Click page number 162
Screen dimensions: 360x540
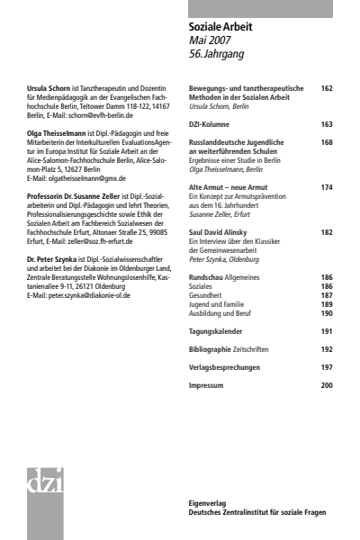click(x=327, y=89)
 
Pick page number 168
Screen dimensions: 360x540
click(x=327, y=142)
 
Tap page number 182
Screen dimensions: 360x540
click(x=327, y=231)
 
